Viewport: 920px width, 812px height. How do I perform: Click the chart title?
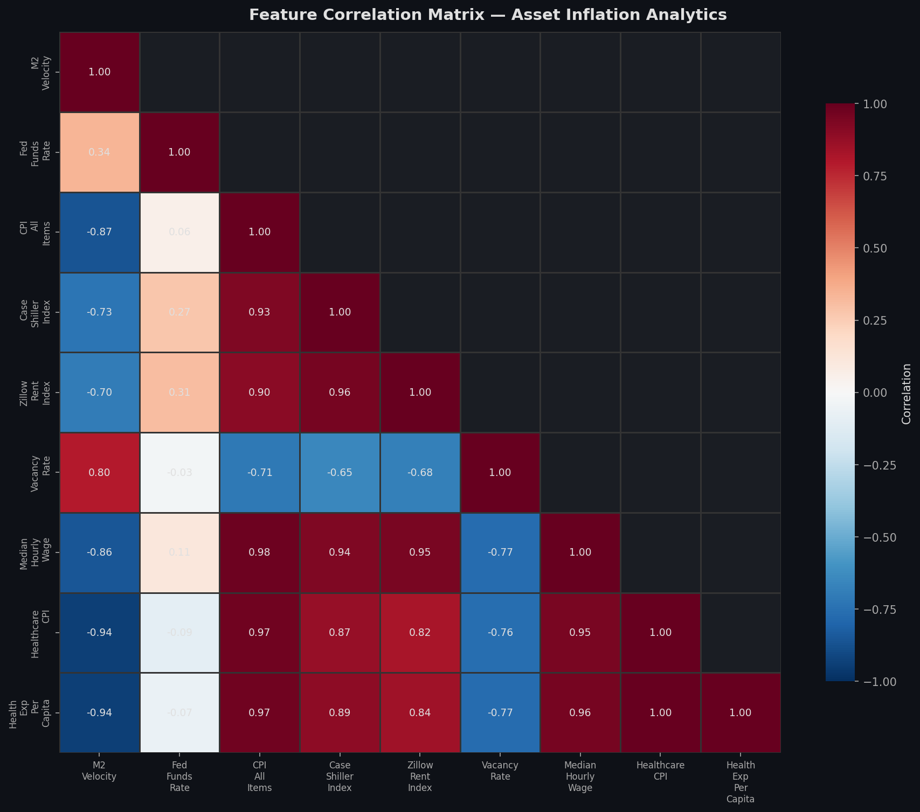coord(488,15)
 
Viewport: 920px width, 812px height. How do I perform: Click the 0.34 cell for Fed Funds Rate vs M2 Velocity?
coord(100,152)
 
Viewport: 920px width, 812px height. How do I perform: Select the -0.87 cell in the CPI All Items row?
coord(100,232)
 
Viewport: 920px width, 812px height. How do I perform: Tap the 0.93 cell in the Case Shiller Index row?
coord(260,312)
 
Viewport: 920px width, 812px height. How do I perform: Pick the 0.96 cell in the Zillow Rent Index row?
coord(340,392)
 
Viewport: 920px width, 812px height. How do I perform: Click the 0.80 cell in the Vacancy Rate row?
coord(100,472)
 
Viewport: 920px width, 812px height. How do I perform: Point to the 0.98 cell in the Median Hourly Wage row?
coord(260,552)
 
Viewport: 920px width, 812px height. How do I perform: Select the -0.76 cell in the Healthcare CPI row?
coord(500,632)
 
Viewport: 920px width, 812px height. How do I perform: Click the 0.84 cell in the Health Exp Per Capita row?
coord(420,712)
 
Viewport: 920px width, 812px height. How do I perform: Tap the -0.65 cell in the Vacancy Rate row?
coord(340,472)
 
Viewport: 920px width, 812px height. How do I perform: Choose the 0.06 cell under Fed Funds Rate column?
coord(179,232)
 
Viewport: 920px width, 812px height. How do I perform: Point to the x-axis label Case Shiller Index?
coord(340,776)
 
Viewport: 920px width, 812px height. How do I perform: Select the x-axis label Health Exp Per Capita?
coord(741,782)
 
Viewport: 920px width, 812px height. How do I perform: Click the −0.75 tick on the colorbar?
coord(876,609)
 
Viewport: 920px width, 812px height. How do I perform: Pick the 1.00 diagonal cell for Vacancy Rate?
coord(500,472)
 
